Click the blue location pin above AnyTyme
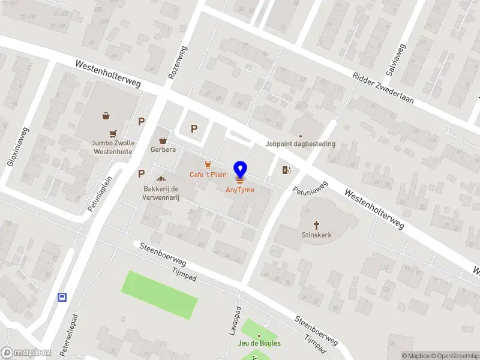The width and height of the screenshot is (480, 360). pos(240,170)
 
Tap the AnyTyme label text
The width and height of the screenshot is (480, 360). pos(240,190)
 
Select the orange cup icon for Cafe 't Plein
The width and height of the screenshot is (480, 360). pos(208,164)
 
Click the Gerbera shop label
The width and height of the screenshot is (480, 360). pos(163,149)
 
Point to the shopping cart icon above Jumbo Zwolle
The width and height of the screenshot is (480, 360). pos(112,134)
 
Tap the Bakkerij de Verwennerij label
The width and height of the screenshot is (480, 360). pos(161,194)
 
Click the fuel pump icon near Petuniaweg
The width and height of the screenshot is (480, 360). pos(287,170)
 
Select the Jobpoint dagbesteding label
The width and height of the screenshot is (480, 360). pos(301,144)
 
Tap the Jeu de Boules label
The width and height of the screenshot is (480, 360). pos(259,343)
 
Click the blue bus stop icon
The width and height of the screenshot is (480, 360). pos(61,297)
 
